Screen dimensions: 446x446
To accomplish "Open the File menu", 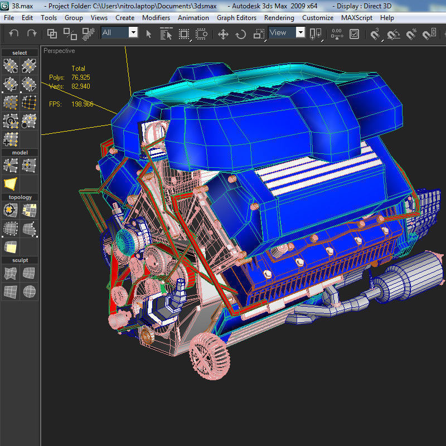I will tap(9, 18).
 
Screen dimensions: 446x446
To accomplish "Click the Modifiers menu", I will tap(156, 18).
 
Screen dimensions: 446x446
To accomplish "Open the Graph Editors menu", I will tap(236, 18).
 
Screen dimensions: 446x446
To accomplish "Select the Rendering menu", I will tap(279, 18).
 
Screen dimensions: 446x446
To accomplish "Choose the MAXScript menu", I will tap(357, 18).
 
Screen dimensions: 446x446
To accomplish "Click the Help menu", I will tap(387, 18).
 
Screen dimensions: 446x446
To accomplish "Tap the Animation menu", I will tap(193, 18).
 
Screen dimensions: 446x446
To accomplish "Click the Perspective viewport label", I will tap(59, 51).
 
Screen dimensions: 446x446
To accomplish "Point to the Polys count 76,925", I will tap(81, 77).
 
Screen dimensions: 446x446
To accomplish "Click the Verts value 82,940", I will tap(81, 86).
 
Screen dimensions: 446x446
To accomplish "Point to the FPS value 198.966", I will tap(82, 104).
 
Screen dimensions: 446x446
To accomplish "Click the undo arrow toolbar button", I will tap(14, 33).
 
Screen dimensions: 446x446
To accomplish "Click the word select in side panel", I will tap(20, 53).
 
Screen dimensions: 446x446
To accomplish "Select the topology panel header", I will tap(20, 197).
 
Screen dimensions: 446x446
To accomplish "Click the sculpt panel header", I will tap(20, 260).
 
